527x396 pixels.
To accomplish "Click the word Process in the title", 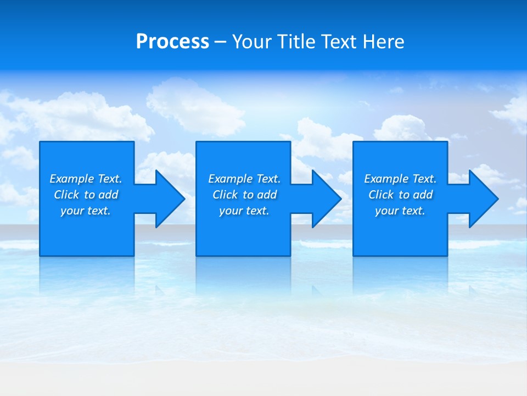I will [172, 42].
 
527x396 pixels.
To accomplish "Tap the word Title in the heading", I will [297, 42].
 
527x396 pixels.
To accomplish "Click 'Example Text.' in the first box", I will [86, 179].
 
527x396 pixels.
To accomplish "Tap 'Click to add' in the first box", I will [86, 195].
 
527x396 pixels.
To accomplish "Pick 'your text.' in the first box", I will [86, 211].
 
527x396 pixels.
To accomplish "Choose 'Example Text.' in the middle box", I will [244, 179].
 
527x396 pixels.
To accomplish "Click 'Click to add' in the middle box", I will [244, 195].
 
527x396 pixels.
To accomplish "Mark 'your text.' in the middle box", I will [244, 211].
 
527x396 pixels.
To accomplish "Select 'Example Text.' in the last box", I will [400, 179].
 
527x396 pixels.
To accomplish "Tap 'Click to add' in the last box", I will [400, 195].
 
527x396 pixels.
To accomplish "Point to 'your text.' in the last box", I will [400, 211].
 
